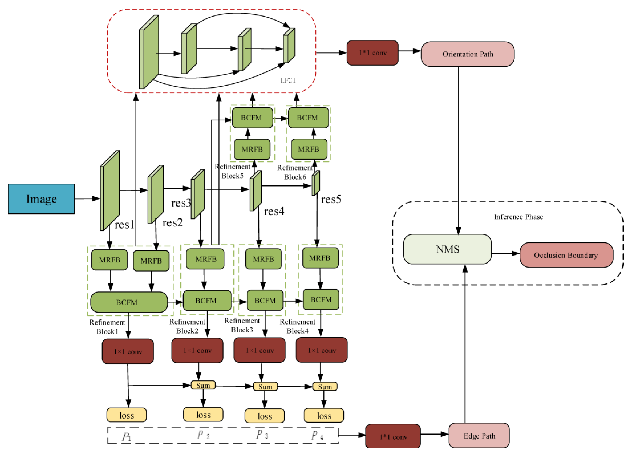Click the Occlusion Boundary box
coord(566,255)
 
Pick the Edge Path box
coord(479,436)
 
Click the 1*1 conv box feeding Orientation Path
coord(372,53)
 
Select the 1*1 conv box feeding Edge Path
coord(393,437)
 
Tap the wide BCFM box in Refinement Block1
coord(129,302)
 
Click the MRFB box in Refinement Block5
coord(252,150)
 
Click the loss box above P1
coord(127,415)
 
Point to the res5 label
coord(331,199)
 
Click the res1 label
coord(124,225)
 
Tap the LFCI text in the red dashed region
coord(288,80)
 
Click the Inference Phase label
coord(518,217)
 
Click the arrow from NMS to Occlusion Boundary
coord(505,253)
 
